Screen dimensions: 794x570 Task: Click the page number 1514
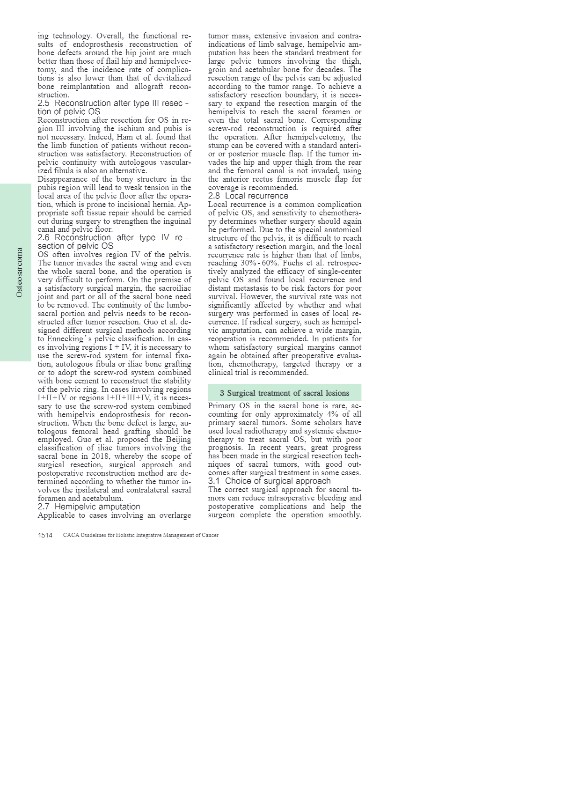point(45,535)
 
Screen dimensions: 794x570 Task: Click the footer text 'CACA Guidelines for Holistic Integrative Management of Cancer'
point(140,535)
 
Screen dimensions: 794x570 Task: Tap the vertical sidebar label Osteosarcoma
point(19,272)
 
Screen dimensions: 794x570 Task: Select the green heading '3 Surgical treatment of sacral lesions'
point(285,393)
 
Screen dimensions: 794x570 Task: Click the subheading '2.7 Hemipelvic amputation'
point(89,507)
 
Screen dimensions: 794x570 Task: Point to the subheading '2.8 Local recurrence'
point(248,196)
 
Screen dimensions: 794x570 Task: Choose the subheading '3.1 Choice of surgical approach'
point(269,481)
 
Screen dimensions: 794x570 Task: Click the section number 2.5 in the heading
point(44,103)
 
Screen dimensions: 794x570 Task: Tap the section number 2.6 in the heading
point(44,237)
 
